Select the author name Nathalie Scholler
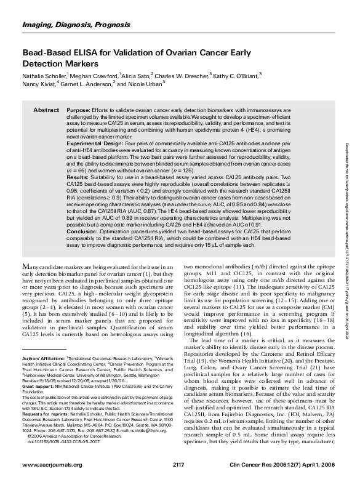click(47, 78)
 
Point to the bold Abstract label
click(46, 109)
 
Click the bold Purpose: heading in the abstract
click(78, 109)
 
